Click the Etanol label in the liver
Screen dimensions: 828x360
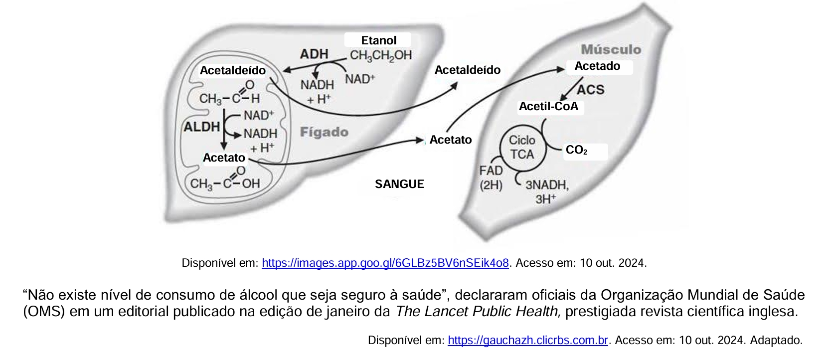pos(378,40)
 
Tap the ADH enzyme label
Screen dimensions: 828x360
pos(314,54)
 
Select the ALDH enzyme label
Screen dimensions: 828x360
pos(202,127)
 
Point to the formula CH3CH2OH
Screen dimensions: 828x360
pos(381,55)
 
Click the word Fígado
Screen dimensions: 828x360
pos(324,132)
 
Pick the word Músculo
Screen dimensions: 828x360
pos(611,49)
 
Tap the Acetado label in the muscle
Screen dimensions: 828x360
pos(597,66)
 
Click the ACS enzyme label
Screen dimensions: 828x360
pos(591,89)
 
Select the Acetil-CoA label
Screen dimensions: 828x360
pos(548,106)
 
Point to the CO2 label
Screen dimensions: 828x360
pos(576,150)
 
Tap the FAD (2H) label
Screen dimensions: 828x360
pos(491,178)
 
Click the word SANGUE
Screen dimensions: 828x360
pos(399,184)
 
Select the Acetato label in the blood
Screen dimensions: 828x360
pos(451,140)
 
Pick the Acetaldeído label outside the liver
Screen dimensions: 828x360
pos(467,70)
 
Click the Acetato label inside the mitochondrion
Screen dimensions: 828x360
pos(224,158)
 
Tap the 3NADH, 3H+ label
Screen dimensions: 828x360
pos(547,192)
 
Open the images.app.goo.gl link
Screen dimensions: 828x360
pos(385,263)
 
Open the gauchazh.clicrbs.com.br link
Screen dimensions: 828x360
pos(528,340)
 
